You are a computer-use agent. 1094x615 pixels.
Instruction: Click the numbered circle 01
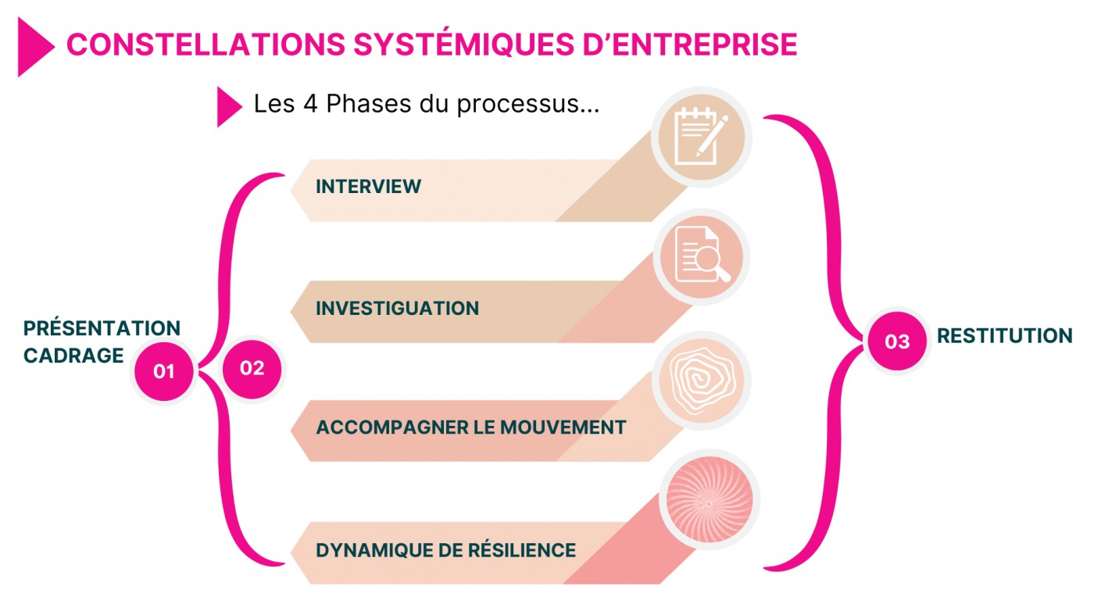tap(163, 371)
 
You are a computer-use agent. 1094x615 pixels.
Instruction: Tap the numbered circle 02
tap(252, 367)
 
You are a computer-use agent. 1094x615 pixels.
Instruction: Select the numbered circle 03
tap(897, 341)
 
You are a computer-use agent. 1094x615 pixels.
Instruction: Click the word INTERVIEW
tap(368, 187)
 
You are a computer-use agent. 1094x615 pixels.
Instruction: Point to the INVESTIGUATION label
tap(397, 308)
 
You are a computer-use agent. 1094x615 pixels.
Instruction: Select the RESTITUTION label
tap(1004, 336)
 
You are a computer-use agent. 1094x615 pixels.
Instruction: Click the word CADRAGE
tap(73, 356)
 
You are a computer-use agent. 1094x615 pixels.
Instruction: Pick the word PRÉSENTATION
tap(102, 328)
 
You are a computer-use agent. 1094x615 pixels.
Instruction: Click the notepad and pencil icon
tap(701, 138)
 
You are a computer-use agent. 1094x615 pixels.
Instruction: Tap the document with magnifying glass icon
tap(701, 257)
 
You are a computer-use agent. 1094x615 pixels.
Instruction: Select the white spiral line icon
tap(701, 380)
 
